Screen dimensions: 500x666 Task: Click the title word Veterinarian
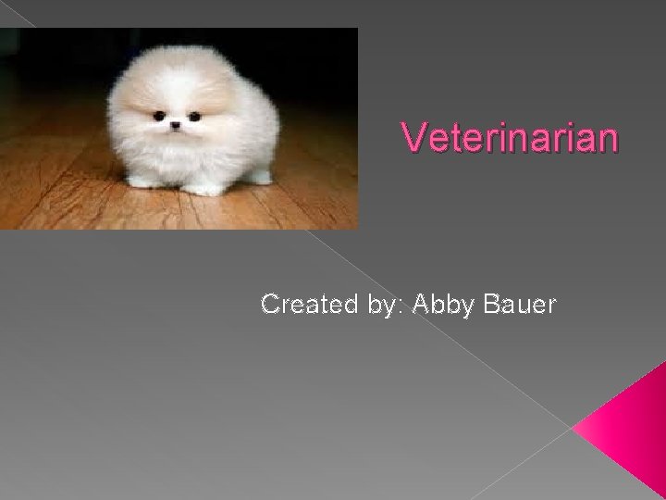pyautogui.click(x=510, y=140)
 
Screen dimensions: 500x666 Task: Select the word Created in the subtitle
pyautogui.click(x=302, y=304)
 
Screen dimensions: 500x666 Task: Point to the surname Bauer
pyautogui.click(x=520, y=304)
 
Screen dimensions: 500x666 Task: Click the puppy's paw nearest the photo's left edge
pyautogui.click(x=142, y=180)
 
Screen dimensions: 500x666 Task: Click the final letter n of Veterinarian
pyautogui.click(x=605, y=140)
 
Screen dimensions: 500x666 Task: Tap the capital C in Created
pyautogui.click(x=271, y=304)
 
